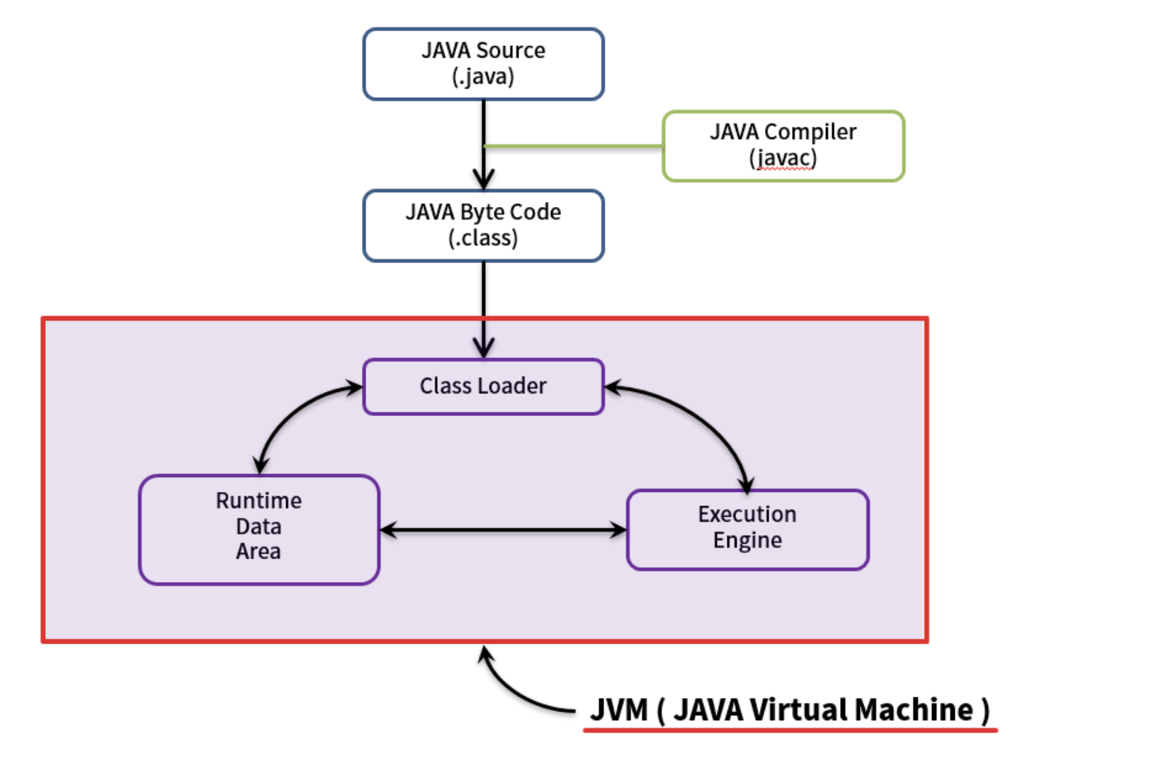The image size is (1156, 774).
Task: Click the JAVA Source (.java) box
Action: (483, 64)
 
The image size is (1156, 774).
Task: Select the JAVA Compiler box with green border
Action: (783, 146)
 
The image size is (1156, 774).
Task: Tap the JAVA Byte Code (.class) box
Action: (483, 225)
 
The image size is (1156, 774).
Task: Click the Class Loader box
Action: (483, 386)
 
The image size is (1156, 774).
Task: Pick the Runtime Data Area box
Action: (259, 529)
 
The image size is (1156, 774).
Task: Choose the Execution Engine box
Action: (747, 529)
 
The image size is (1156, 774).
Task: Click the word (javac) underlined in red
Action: (783, 158)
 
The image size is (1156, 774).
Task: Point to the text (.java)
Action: (483, 77)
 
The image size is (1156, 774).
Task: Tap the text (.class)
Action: (483, 238)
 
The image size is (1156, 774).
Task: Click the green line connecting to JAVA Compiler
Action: (574, 147)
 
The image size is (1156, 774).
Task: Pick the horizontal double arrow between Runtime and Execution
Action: (503, 529)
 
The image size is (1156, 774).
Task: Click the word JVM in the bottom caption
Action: (618, 709)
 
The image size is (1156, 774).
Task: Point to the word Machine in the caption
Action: (914, 709)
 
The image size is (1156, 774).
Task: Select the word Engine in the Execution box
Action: (747, 541)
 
